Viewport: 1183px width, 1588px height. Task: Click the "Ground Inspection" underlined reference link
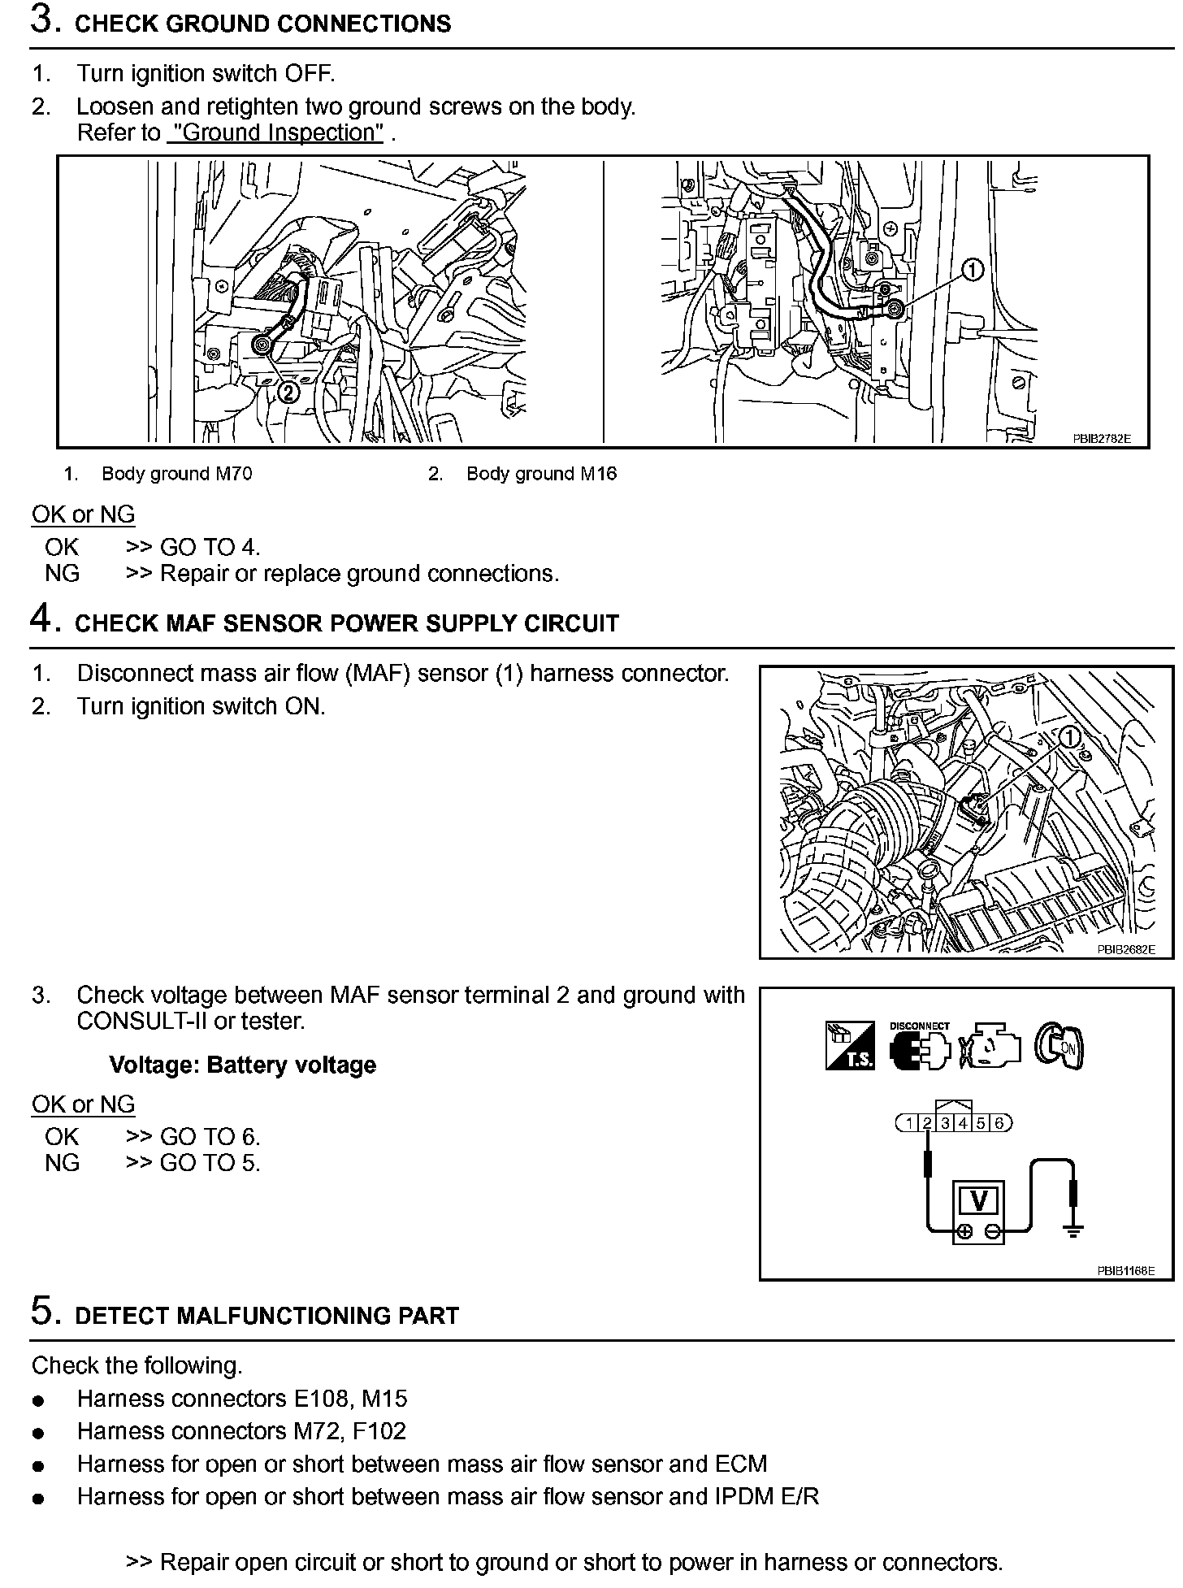coord(275,132)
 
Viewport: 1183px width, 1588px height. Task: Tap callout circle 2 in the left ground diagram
coord(289,393)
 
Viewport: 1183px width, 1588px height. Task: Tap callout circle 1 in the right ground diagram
coord(973,270)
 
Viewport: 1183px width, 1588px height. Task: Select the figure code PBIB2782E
coord(1101,439)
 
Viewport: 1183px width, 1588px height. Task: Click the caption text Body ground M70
coord(176,474)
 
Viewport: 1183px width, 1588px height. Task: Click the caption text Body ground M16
coord(541,474)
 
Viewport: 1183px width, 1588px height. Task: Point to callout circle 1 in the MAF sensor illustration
coord(1070,737)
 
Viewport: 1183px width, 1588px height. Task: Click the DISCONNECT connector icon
coord(920,1048)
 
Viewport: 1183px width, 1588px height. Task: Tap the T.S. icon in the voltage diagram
coord(850,1046)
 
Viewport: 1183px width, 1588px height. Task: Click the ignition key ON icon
coord(1059,1047)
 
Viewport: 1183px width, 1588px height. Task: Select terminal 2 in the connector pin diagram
coord(927,1123)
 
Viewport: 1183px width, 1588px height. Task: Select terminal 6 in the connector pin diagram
coord(999,1123)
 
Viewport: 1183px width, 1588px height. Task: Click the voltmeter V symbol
coord(979,1200)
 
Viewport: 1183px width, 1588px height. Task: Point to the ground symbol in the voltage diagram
coord(1073,1230)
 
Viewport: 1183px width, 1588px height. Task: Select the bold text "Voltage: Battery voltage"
coord(242,1065)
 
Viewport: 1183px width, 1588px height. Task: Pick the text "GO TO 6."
coord(210,1136)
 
